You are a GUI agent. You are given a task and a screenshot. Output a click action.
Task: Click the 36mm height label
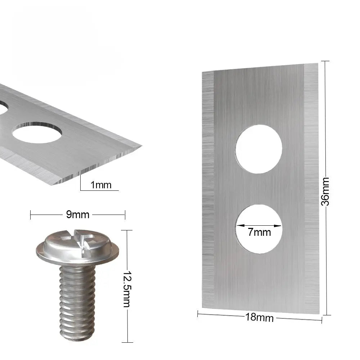click(x=325, y=192)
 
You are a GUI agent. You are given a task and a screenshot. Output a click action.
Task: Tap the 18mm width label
click(x=260, y=318)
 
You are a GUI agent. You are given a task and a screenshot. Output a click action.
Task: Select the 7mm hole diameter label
click(x=259, y=232)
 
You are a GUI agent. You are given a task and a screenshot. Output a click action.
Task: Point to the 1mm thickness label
click(x=101, y=185)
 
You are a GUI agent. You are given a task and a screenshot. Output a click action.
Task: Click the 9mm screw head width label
click(x=78, y=215)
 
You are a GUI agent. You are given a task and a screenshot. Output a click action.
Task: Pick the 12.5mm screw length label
click(x=127, y=289)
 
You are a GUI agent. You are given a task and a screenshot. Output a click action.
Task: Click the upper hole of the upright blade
click(x=259, y=149)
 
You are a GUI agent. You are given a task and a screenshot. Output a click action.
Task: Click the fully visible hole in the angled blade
click(x=37, y=132)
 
